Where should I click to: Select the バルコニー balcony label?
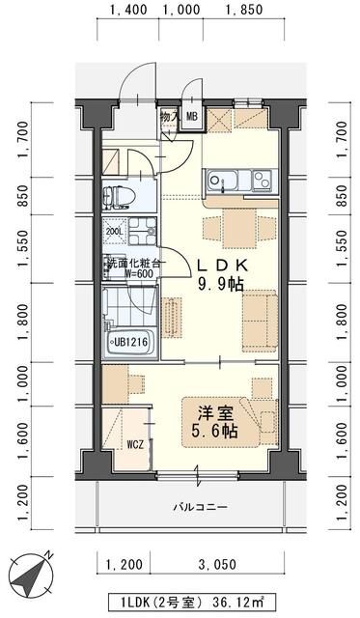click(x=200, y=507)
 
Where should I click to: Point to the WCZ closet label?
click(x=134, y=444)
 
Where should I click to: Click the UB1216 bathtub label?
click(x=128, y=342)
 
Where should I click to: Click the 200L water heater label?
click(x=114, y=232)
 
